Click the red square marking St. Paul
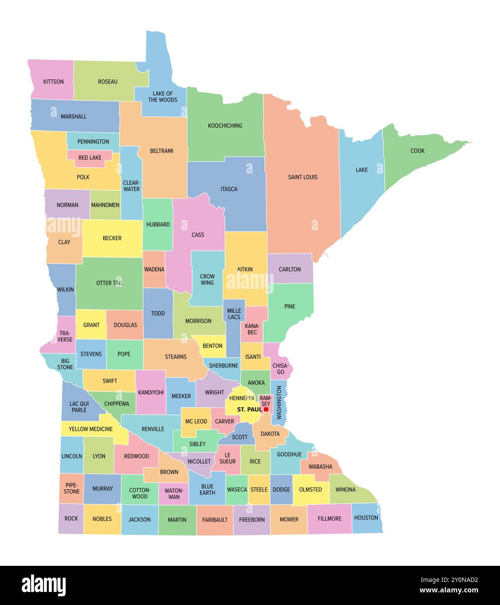point(266,409)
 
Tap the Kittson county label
point(53,81)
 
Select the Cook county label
point(417,151)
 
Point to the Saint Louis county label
point(303,177)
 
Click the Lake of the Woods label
point(163,97)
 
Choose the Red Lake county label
point(90,158)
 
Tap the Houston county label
point(366,518)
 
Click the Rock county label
point(71,518)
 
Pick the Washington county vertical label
point(279,403)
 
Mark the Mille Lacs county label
point(234,314)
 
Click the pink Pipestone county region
point(72,488)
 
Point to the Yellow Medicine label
point(91,429)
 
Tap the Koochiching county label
point(225,126)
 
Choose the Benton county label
point(213,346)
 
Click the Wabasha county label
point(320,467)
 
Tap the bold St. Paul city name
point(249,410)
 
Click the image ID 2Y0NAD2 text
point(449,580)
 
